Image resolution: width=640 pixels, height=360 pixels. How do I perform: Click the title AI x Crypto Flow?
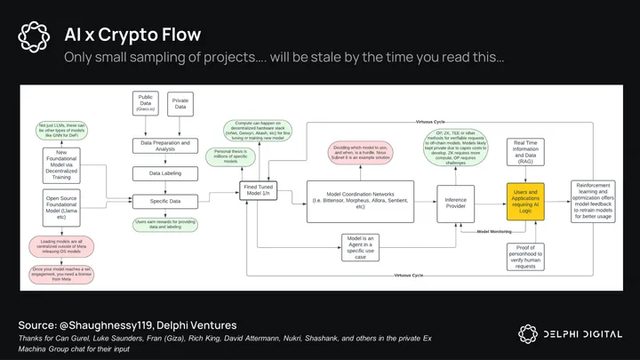[x=132, y=35]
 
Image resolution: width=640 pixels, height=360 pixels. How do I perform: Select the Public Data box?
[x=146, y=103]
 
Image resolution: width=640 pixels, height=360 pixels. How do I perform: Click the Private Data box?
[x=180, y=103]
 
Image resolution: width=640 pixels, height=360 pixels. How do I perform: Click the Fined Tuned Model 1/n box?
[x=259, y=190]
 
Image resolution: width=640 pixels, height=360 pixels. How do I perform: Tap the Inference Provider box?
[x=456, y=201]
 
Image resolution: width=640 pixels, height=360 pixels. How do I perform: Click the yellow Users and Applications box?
[x=524, y=203]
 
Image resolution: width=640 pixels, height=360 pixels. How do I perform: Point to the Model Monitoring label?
[x=493, y=231]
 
